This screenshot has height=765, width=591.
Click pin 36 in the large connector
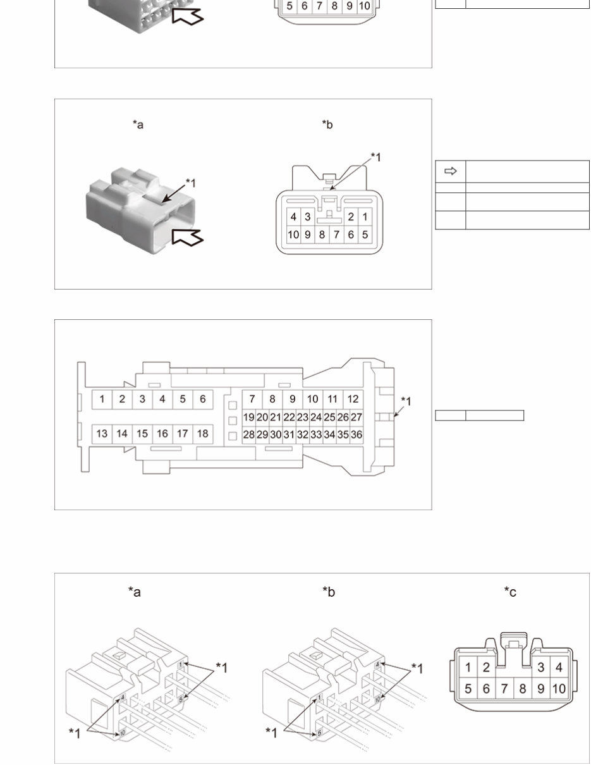tap(356, 435)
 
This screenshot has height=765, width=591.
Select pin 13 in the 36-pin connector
tap(102, 434)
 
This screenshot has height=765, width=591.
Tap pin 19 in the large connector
tap(249, 417)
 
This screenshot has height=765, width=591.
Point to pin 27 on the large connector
tap(356, 417)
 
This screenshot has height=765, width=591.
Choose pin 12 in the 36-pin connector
tap(353, 399)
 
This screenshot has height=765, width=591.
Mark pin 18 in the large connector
tap(202, 434)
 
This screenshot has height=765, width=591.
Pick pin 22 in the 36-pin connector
tap(289, 417)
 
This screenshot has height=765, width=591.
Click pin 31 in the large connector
tap(289, 435)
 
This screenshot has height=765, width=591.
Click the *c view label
tap(510, 592)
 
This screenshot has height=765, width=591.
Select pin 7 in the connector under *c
tap(504, 688)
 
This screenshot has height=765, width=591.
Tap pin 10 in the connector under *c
tap(559, 688)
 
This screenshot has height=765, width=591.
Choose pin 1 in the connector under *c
tap(468, 668)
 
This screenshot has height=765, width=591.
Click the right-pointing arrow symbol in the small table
tap(451, 171)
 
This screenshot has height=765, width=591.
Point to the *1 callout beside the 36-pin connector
tap(406, 401)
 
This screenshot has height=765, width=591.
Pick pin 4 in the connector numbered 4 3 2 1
tap(293, 217)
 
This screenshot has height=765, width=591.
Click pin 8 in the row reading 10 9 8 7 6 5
tap(322, 235)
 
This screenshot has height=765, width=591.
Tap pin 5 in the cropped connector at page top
tap(289, 6)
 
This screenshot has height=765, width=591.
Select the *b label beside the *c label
tap(329, 592)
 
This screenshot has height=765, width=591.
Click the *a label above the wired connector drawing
tap(135, 592)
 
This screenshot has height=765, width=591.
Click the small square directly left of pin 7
tap(233, 405)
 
